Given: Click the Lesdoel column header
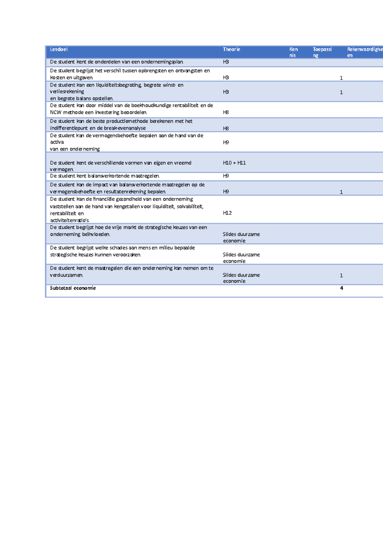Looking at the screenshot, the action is click(59, 49).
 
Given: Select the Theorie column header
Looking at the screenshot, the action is click(231, 49).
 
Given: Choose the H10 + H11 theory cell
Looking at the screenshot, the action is click(234, 163).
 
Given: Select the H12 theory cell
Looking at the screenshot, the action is click(227, 213).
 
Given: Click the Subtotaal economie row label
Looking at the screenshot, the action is click(73, 288).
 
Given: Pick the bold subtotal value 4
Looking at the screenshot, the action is click(342, 288).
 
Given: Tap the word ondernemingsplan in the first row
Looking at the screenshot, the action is click(162, 62).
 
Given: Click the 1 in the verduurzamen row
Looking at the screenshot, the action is click(341, 275).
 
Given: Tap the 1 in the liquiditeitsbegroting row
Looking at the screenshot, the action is click(341, 93).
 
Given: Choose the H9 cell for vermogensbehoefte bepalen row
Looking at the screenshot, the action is click(226, 142).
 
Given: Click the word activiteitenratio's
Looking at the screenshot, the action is click(70, 221).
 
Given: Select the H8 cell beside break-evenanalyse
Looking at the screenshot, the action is click(226, 128).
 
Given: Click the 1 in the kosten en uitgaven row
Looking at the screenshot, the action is click(341, 78).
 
